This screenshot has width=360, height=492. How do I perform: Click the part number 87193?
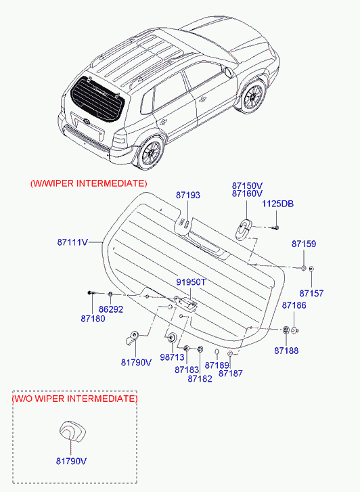[x=187, y=195]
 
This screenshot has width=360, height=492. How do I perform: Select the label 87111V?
[x=72, y=242]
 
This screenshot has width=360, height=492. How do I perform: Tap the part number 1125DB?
[x=277, y=204]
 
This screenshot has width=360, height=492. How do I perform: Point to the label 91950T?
[x=191, y=282]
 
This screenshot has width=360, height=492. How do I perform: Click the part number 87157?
[x=311, y=294]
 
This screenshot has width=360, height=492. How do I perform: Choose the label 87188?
[x=286, y=351]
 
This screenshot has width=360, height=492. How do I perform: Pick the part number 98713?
[x=172, y=357]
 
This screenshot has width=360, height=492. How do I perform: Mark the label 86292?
[x=111, y=309]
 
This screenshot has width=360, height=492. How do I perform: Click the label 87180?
[x=93, y=319]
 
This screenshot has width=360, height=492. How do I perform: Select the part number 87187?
[x=231, y=374]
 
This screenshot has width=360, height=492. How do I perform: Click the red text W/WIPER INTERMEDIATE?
[x=89, y=183]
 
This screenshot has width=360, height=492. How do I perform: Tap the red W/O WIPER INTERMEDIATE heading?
[x=74, y=399]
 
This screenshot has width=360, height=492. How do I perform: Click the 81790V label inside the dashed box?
[x=71, y=462]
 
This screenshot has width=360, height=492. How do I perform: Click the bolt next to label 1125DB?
[x=275, y=227]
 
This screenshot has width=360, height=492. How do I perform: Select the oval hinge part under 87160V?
[x=244, y=229]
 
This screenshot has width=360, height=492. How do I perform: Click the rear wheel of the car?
[x=152, y=154]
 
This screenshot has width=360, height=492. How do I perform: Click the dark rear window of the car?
[x=97, y=99]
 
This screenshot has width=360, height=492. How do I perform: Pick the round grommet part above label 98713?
[x=172, y=338]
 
